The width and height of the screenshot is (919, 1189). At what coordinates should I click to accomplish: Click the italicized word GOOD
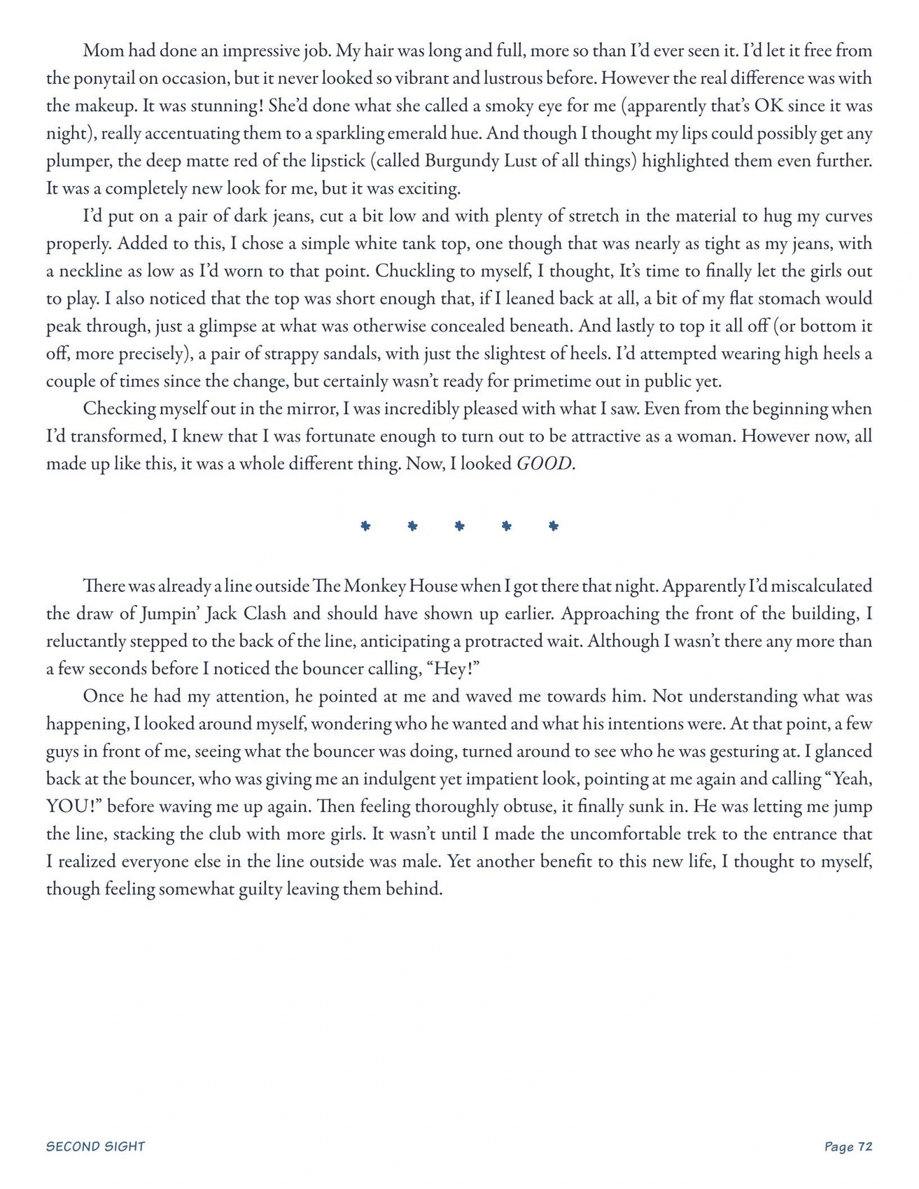coord(544,464)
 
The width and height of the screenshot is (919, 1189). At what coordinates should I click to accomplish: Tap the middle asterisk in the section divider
coord(459,526)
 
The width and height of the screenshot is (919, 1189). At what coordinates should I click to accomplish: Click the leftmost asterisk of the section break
coord(365,526)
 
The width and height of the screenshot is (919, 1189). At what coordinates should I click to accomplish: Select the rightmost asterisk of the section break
coord(554,526)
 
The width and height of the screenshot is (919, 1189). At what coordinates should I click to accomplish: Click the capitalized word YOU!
coord(75,806)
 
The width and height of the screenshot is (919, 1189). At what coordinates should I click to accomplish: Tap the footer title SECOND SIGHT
coord(95,1146)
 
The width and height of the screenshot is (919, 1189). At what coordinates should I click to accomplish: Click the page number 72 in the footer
coord(865,1146)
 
